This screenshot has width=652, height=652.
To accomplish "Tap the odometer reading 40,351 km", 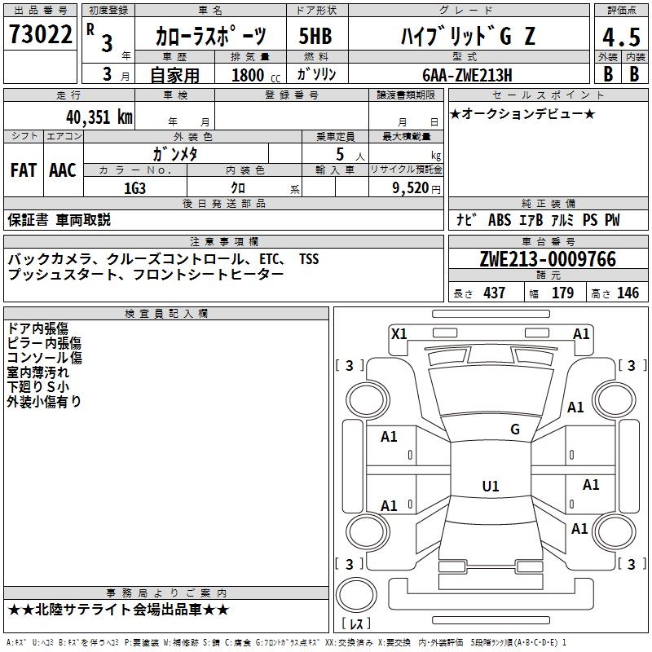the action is click(x=99, y=117).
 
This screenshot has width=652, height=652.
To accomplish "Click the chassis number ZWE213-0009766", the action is click(x=548, y=260).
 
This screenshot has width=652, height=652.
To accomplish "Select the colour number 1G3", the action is click(x=134, y=187).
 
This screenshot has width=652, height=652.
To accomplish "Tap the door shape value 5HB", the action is click(x=315, y=36).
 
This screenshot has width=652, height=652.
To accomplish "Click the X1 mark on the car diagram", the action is click(x=399, y=333).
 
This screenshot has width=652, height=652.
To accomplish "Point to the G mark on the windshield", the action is click(x=514, y=430).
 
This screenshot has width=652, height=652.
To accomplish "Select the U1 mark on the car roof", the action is click(x=491, y=487).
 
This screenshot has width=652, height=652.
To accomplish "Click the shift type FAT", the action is click(x=24, y=170).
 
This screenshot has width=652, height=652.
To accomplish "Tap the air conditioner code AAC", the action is click(x=62, y=170).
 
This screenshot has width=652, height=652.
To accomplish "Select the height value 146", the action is click(x=628, y=293).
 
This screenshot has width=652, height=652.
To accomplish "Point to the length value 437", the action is click(x=494, y=293).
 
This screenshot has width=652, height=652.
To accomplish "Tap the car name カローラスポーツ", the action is click(x=211, y=36).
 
